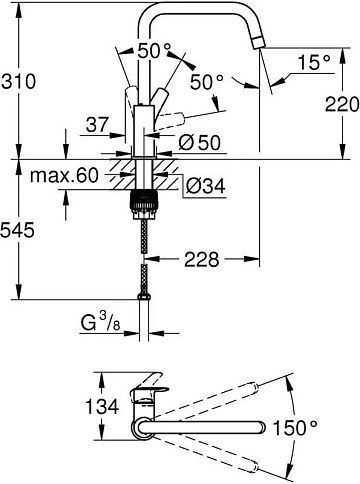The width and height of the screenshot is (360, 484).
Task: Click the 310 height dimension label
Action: pyautogui.click(x=18, y=81)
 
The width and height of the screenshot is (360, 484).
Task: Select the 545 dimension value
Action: pyautogui.click(x=17, y=230)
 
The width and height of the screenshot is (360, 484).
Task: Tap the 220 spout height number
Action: pyautogui.click(x=342, y=104)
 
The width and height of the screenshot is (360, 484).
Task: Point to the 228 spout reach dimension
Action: pyautogui.click(x=202, y=259)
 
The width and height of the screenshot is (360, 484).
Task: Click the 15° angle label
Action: pyautogui.click(x=314, y=62)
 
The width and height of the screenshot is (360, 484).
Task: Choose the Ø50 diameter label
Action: pyautogui.click(x=200, y=143)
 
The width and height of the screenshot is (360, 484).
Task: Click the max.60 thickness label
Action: pyautogui.click(x=64, y=175)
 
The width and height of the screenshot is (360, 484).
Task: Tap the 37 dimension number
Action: pyautogui.click(x=97, y=125)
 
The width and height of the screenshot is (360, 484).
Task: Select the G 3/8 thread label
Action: pyautogui.click(x=100, y=323)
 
